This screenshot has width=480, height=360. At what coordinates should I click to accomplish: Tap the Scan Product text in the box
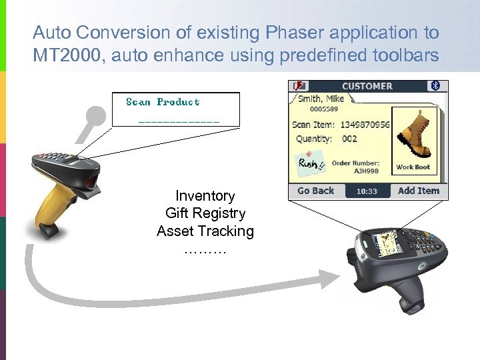(x=163, y=102)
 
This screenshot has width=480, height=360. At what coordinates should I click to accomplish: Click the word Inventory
(x=205, y=196)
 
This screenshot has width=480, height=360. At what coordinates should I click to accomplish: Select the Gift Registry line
(x=205, y=213)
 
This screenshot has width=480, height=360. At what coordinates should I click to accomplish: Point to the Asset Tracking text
(x=205, y=231)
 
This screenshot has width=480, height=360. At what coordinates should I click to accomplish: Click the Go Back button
(x=315, y=191)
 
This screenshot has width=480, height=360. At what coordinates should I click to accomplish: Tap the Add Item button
(x=418, y=191)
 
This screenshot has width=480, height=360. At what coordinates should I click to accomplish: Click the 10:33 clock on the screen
(x=367, y=191)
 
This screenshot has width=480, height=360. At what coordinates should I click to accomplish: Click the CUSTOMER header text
(x=367, y=86)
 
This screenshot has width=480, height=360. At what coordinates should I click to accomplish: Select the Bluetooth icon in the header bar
(x=437, y=86)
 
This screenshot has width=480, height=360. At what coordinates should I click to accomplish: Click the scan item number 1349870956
(x=365, y=125)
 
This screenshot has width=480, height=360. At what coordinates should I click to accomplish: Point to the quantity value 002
(x=349, y=139)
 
